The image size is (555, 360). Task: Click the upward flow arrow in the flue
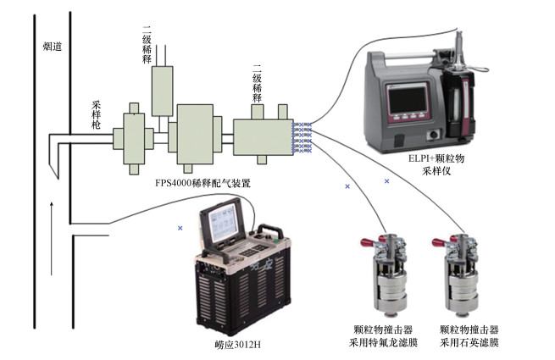tap(53, 219)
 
